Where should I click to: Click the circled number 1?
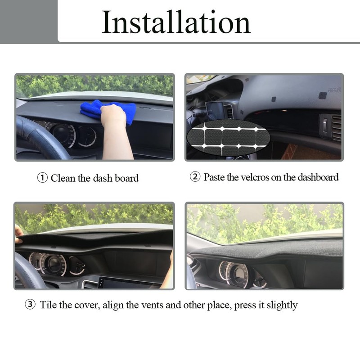point(42,178)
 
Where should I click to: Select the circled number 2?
point(195,177)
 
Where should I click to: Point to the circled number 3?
point(30,305)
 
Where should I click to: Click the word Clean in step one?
point(63,178)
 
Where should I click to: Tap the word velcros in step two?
point(253,177)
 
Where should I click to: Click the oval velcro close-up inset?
point(229,135)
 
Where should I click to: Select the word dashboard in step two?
point(317,177)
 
